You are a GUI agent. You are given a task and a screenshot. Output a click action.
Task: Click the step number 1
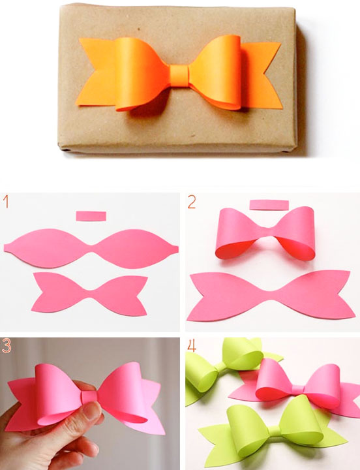point(6,202)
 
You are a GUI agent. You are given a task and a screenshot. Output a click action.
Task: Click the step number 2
point(191,202)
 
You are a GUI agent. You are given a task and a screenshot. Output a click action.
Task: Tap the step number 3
point(7,345)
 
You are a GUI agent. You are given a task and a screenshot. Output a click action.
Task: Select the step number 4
point(192,345)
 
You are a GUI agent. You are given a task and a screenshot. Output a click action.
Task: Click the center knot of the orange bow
point(179,72)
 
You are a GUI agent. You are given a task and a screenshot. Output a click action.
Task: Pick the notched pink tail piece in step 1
point(89,294)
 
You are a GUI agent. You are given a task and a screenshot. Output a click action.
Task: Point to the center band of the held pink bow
point(89,396)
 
